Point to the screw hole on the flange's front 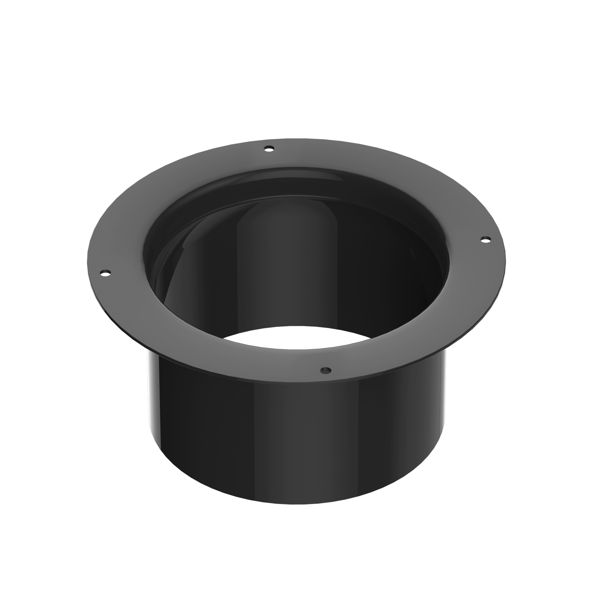[326, 370]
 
